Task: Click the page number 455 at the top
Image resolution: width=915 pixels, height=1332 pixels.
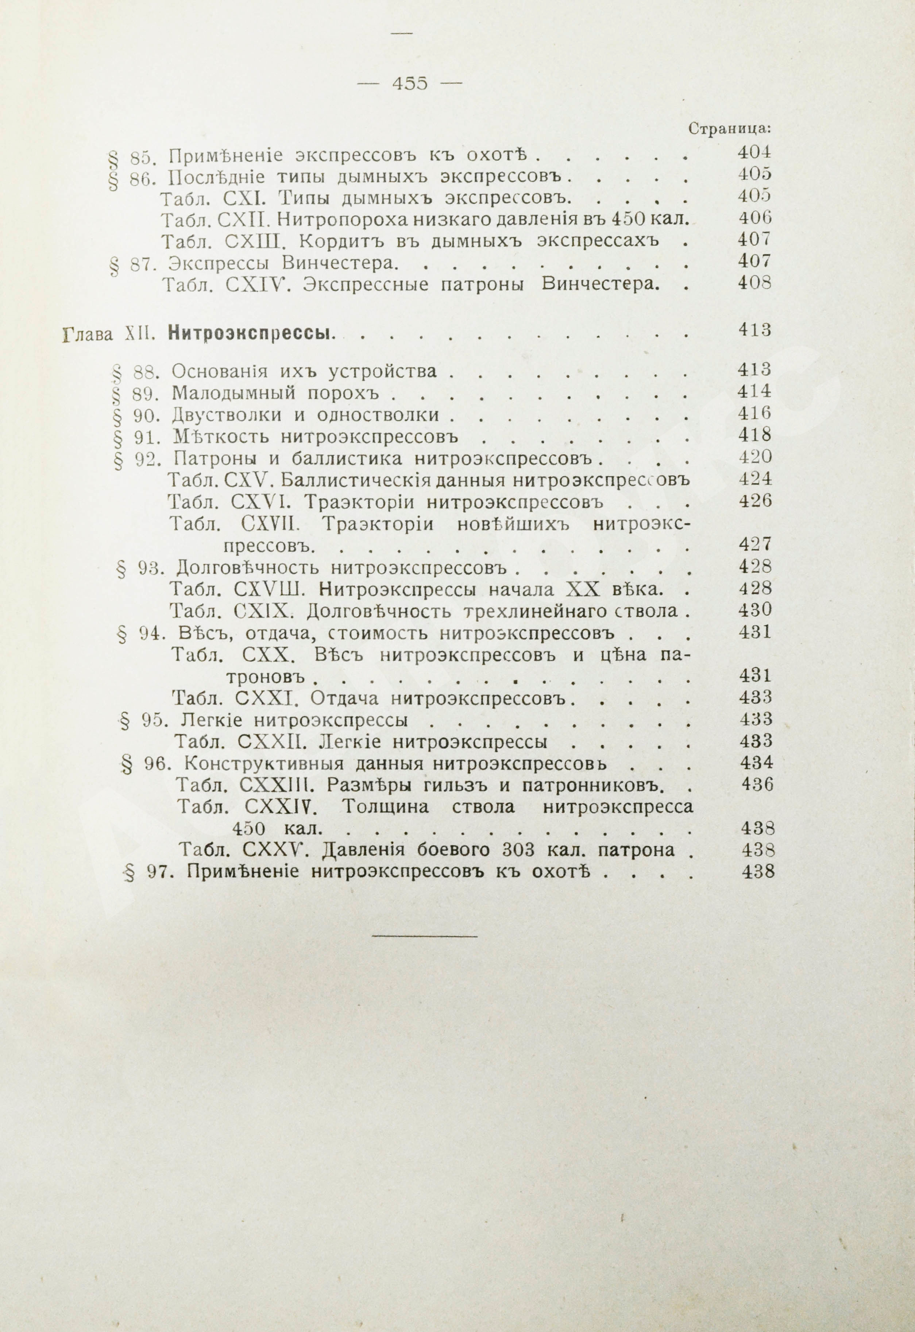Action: click(x=409, y=83)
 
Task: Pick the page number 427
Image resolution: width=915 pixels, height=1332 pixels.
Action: click(x=754, y=544)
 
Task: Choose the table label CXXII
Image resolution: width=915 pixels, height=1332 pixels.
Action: click(x=267, y=741)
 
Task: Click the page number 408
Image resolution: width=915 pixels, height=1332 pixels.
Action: click(x=754, y=284)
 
